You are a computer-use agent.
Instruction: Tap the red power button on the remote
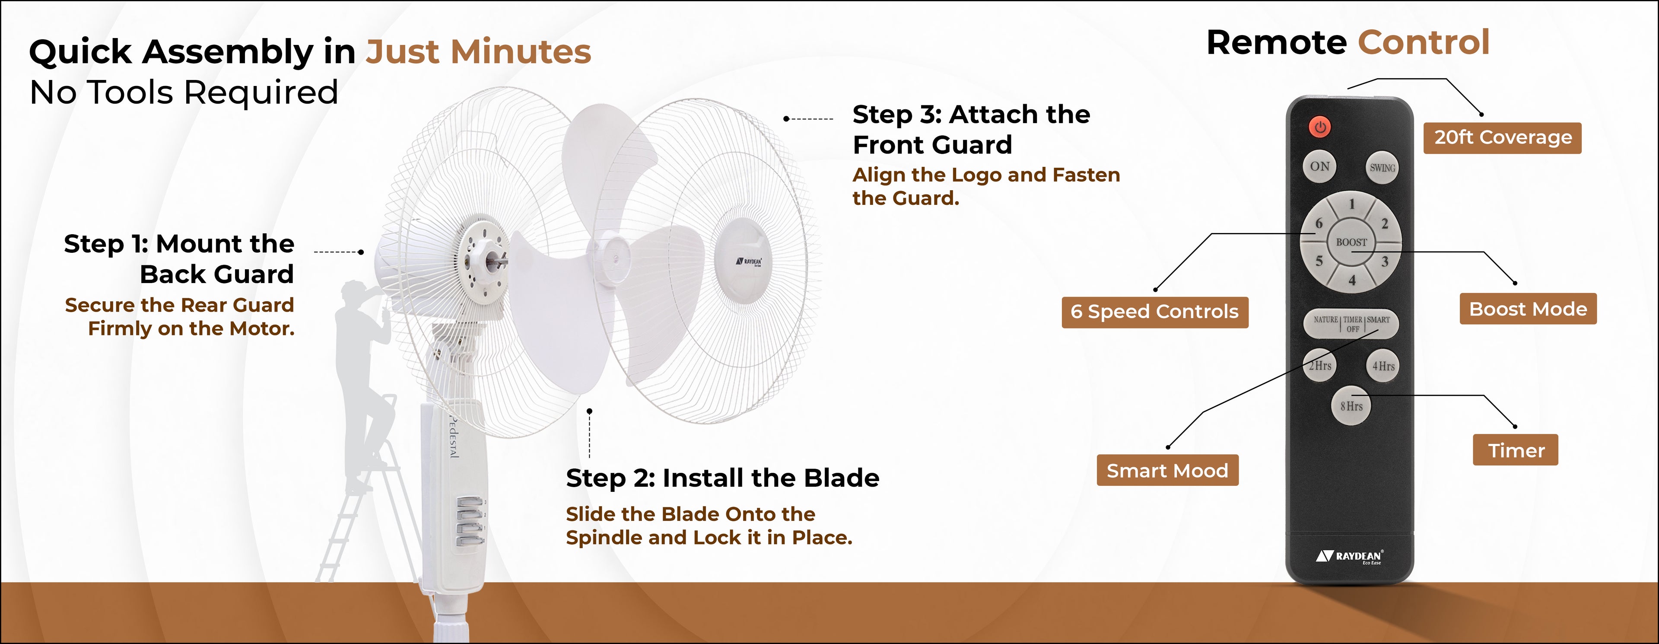click(x=1319, y=127)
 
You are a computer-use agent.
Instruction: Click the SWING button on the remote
click(x=1382, y=167)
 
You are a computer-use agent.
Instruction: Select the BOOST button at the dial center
click(x=1351, y=242)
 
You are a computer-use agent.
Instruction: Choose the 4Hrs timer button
click(x=1382, y=366)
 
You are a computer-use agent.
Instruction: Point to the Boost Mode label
click(x=1528, y=309)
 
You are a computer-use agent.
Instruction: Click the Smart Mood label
click(x=1168, y=470)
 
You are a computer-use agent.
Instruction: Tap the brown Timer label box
click(x=1516, y=450)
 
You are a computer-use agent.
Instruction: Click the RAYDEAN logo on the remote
click(x=1350, y=556)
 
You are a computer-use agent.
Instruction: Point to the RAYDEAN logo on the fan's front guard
click(x=749, y=261)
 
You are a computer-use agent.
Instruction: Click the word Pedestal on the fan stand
click(x=453, y=437)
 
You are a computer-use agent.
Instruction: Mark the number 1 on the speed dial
click(x=1352, y=204)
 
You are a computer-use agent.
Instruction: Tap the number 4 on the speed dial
click(x=1352, y=280)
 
